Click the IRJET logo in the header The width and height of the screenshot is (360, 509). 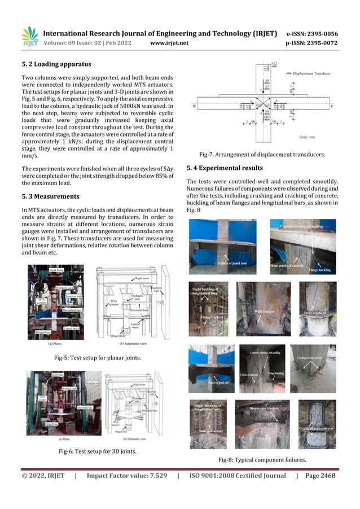pyautogui.click(x=29, y=36)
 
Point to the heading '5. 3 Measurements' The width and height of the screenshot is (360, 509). pyautogui.click(x=50, y=196)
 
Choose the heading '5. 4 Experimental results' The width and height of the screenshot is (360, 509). pyautogui.click(x=224, y=168)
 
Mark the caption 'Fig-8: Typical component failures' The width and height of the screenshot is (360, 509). pyautogui.click(x=262, y=460)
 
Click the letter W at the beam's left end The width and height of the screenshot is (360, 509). pyautogui.click(x=195, y=106)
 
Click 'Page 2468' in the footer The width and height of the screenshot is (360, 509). pyautogui.click(x=320, y=476)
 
